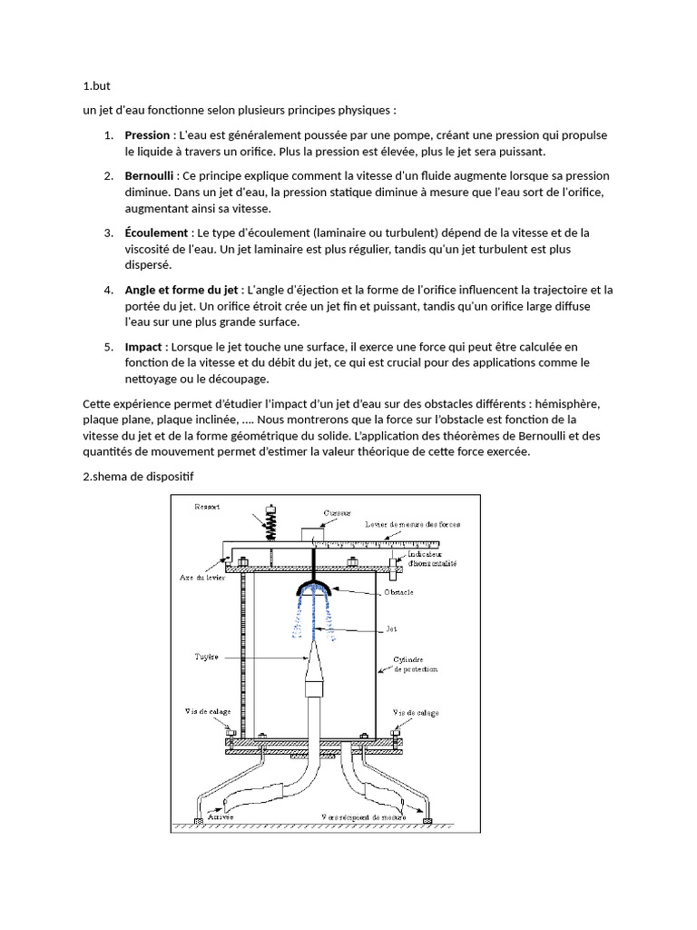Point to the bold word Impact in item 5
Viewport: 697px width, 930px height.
pyautogui.click(x=143, y=347)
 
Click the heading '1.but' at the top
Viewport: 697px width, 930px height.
pyautogui.click(x=95, y=87)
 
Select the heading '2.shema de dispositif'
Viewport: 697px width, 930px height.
pyautogui.click(x=138, y=476)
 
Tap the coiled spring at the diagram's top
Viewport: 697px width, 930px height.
pyautogui.click(x=269, y=526)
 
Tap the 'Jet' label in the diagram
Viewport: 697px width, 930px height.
pyautogui.click(x=391, y=628)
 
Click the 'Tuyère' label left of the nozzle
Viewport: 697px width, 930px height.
pyautogui.click(x=206, y=655)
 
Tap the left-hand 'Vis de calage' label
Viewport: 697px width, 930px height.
pyautogui.click(x=208, y=713)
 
